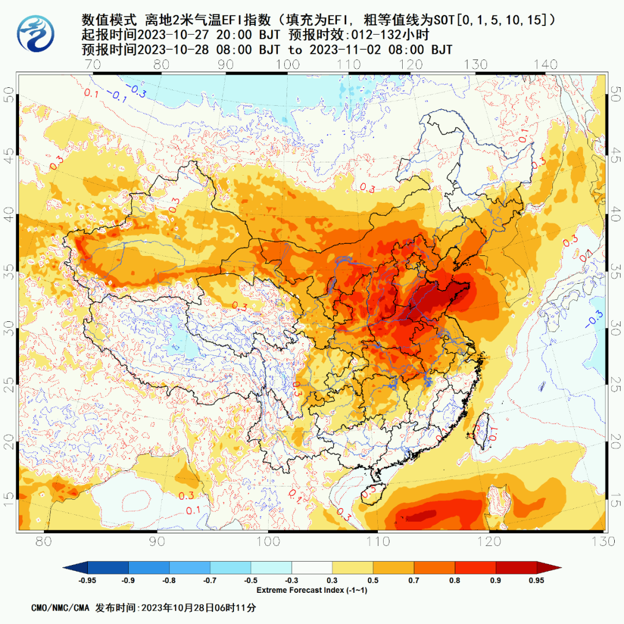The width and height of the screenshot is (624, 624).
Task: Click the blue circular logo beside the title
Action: click(36, 34)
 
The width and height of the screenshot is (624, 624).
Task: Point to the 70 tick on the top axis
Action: click(93, 64)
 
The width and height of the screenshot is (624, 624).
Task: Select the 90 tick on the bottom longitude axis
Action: click(157, 542)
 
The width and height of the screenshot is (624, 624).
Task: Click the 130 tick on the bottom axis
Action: click(603, 542)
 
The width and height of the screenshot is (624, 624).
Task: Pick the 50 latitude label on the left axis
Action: click(9, 94)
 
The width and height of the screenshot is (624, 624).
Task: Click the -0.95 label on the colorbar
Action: click(87, 581)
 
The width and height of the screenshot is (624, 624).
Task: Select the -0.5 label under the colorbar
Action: click(251, 581)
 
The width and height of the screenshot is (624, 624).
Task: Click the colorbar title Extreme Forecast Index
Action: click(312, 590)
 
